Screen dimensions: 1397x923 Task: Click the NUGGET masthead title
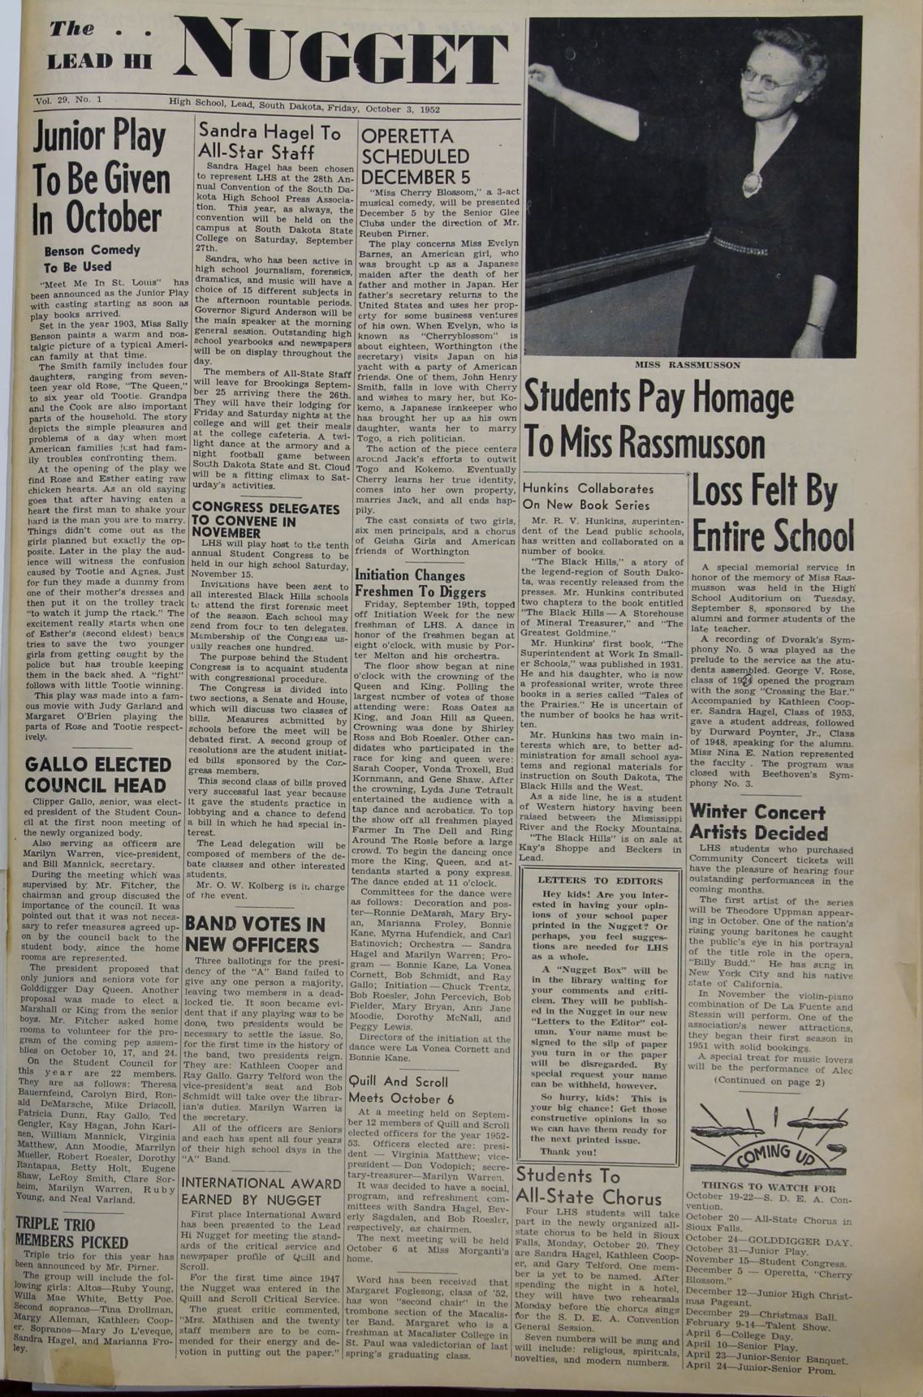(341, 58)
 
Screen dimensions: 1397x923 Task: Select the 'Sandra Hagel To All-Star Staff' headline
(270, 143)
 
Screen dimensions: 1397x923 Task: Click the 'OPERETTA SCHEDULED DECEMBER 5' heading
(415, 156)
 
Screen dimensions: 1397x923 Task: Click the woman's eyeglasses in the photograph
(767, 78)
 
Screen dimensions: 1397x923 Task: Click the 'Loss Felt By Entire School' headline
(772, 514)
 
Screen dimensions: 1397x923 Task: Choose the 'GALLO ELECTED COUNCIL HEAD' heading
(98, 775)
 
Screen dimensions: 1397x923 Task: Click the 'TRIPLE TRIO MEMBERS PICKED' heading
(71, 1232)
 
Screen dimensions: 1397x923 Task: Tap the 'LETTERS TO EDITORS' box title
(600, 880)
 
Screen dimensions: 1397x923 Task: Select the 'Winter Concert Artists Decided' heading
(758, 822)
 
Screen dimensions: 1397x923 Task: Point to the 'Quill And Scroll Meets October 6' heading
(401, 1090)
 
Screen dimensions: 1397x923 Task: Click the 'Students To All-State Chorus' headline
(589, 1186)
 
